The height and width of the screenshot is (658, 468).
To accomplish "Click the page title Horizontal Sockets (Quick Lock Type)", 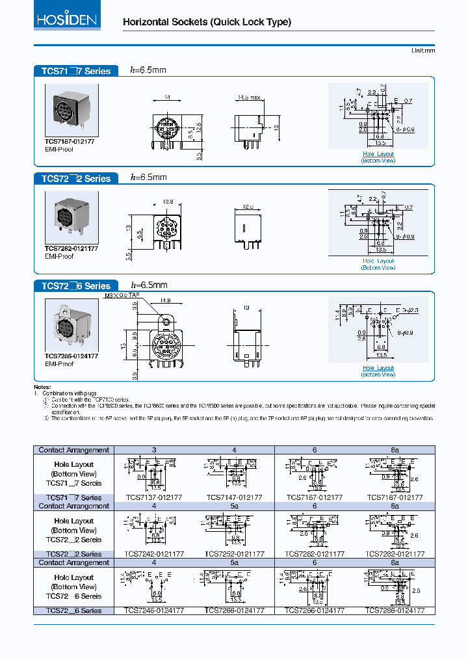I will click(207, 22).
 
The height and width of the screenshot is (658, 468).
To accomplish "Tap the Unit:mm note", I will click(422, 51).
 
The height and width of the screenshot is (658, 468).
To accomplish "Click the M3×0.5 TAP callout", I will click(122, 295).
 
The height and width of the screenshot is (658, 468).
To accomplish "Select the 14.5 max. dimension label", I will click(250, 98).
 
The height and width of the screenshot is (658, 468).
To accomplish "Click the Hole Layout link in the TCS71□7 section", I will click(378, 154).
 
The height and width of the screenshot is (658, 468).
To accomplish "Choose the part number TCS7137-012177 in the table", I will click(154, 497).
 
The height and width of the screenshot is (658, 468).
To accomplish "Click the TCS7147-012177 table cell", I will click(234, 497).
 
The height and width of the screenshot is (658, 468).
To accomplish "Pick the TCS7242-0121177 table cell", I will click(154, 554).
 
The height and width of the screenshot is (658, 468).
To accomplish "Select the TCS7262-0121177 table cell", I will click(315, 554).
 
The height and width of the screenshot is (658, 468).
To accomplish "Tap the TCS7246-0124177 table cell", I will click(154, 611).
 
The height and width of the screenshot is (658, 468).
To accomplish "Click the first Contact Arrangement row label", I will click(73, 450).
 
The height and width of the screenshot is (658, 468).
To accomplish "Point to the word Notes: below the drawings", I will click(42, 387).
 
